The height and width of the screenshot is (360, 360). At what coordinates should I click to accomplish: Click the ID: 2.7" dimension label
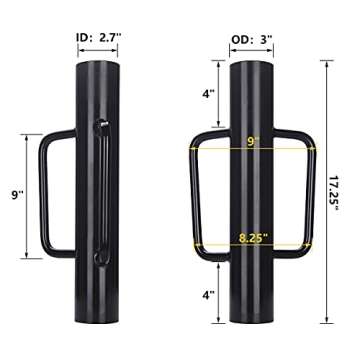[x=97, y=37]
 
